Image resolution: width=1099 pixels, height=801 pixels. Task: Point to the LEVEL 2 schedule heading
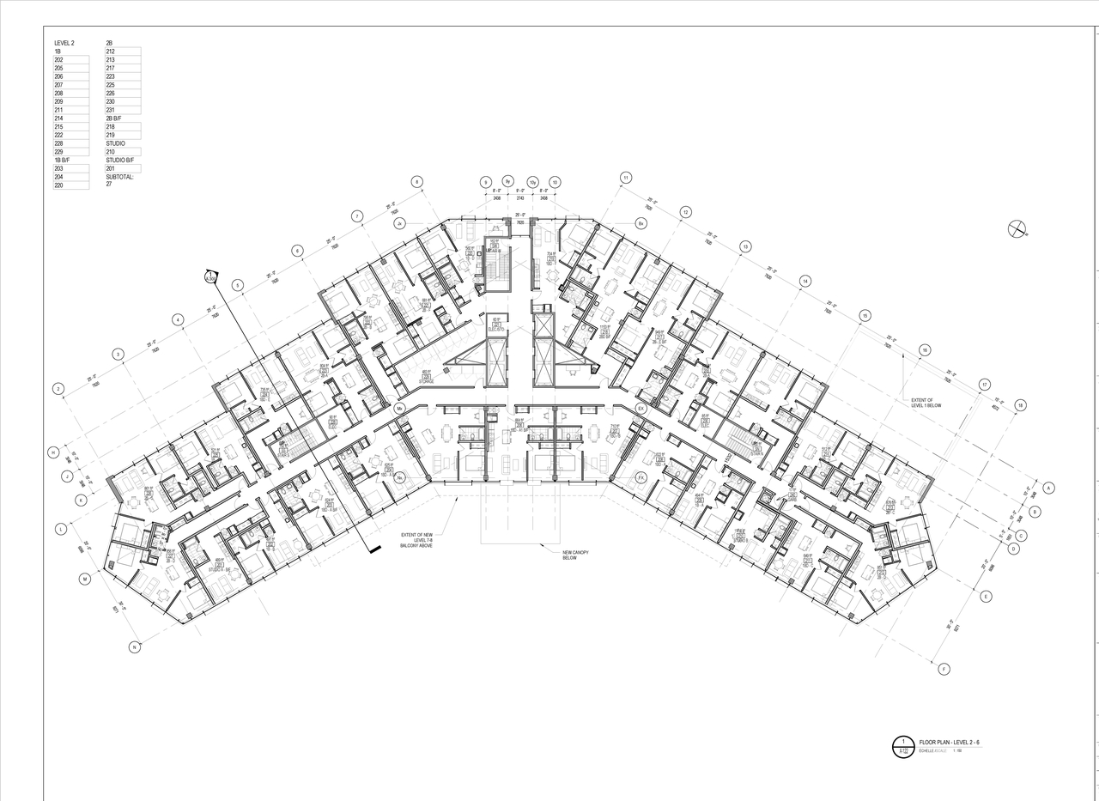pos(64,43)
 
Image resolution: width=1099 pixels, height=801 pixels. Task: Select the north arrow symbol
pos(1017,228)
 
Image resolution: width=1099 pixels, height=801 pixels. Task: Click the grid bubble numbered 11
pos(626,178)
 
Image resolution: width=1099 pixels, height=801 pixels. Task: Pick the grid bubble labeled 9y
pos(508,182)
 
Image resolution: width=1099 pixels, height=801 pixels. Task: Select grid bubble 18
pos(1020,405)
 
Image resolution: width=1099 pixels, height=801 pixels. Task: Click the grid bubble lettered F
pos(944,670)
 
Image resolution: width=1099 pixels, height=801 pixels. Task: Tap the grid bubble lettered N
pos(134,647)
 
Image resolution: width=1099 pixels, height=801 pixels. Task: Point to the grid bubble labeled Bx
pos(641,223)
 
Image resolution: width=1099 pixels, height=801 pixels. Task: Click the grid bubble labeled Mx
pos(399,409)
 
